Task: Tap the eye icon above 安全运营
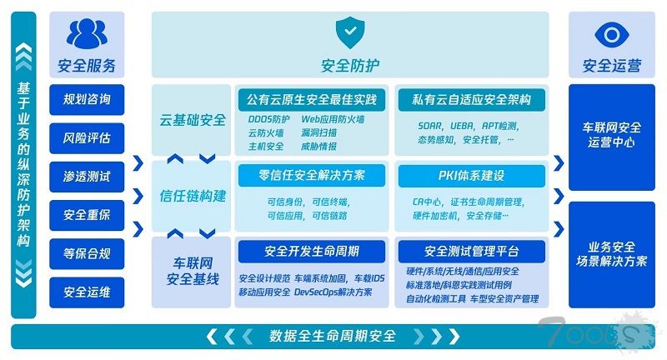pyautogui.click(x=611, y=34)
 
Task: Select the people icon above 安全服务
pyautogui.click(x=87, y=34)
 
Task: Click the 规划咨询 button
pyautogui.click(x=87, y=100)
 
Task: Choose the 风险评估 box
pyautogui.click(x=87, y=137)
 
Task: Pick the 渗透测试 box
pyautogui.click(x=87, y=177)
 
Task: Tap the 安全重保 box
pyautogui.click(x=87, y=215)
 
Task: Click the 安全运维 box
pyautogui.click(x=87, y=292)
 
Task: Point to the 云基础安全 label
pyautogui.click(x=193, y=120)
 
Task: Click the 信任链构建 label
pyautogui.click(x=193, y=197)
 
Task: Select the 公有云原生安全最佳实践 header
pyautogui.click(x=312, y=100)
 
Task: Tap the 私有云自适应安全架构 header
pyautogui.click(x=472, y=100)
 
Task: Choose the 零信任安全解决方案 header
pyautogui.click(x=312, y=176)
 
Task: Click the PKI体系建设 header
pyautogui.click(x=472, y=176)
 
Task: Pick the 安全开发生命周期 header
pyautogui.click(x=312, y=251)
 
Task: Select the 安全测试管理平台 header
pyautogui.click(x=472, y=251)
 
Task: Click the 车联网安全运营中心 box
pyautogui.click(x=611, y=135)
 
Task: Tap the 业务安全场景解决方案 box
pyautogui.click(x=611, y=253)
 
